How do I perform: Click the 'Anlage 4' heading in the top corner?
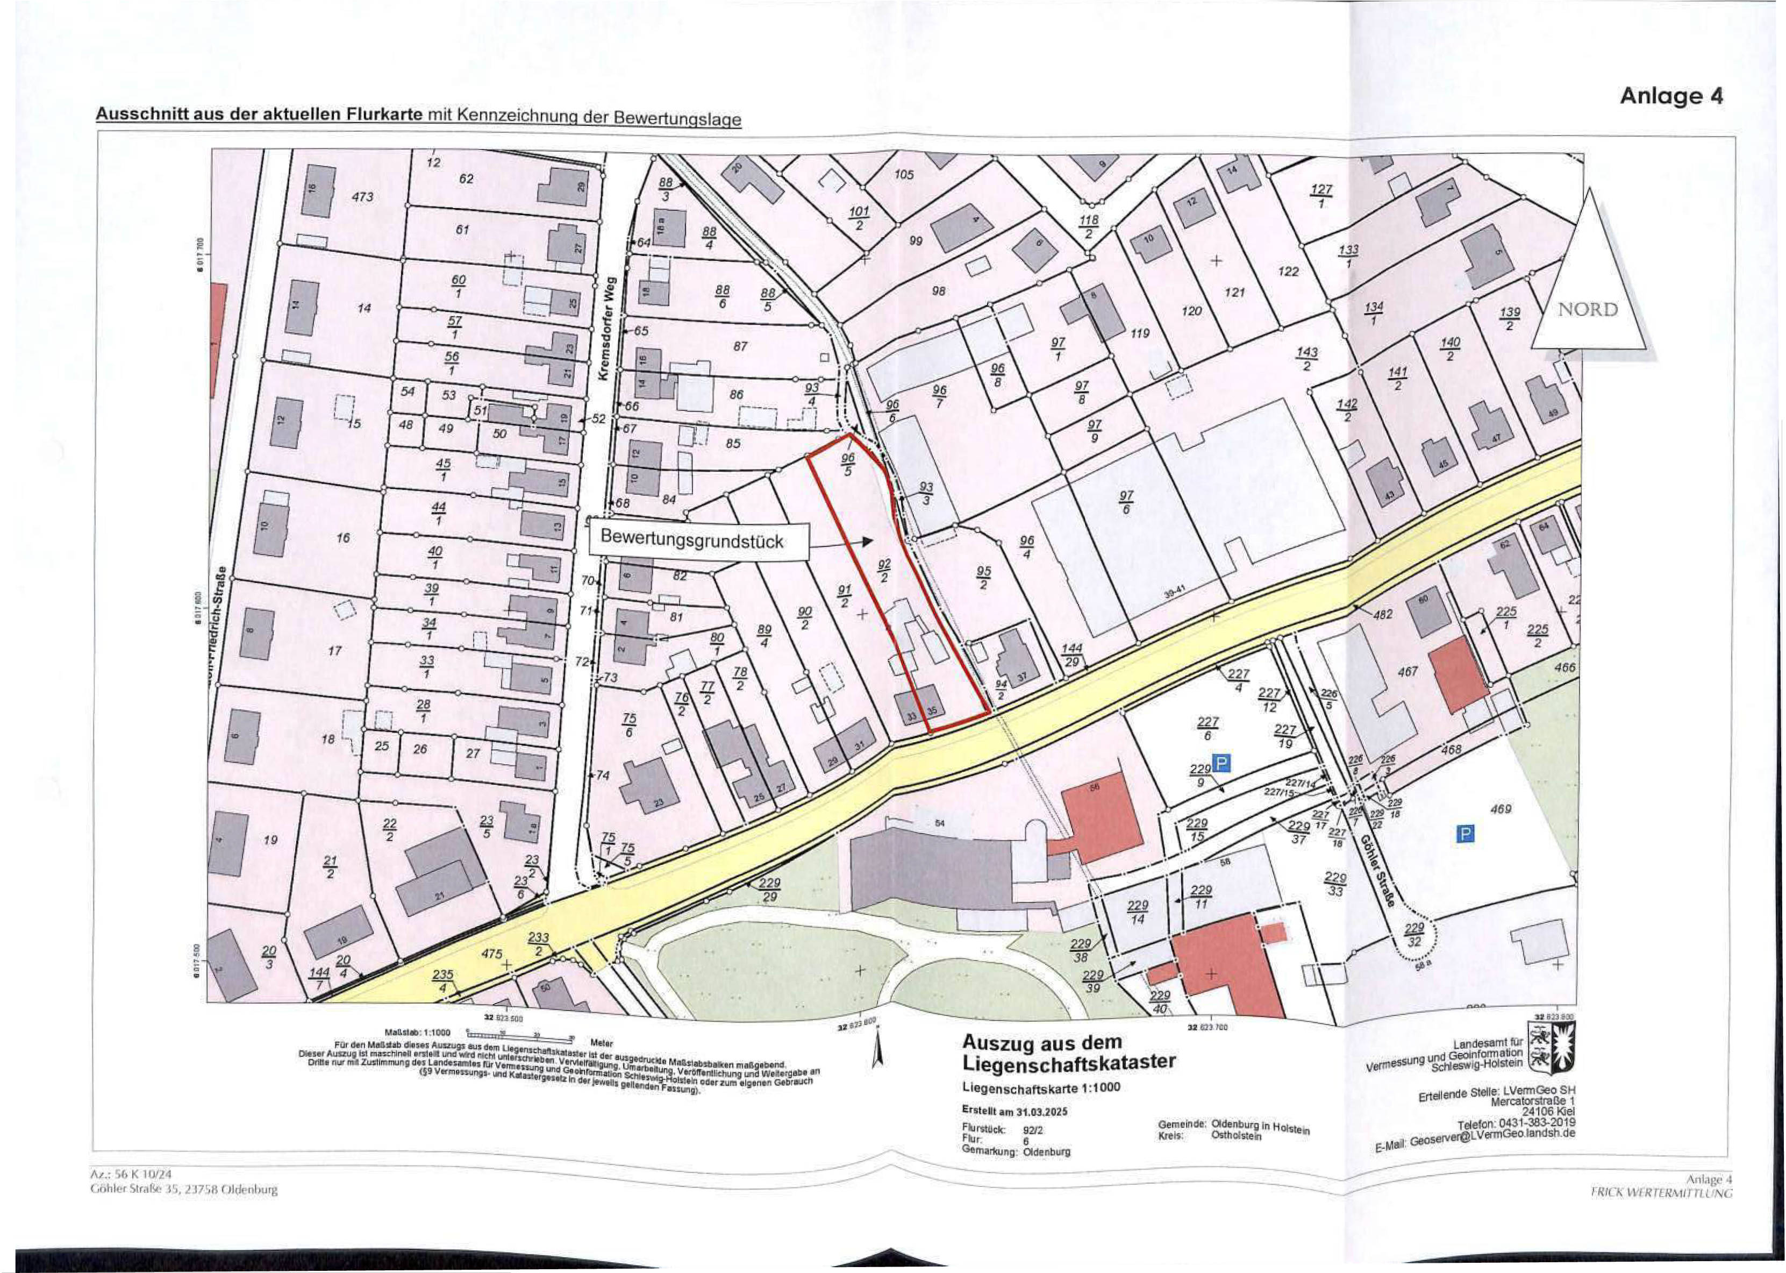tap(1671, 96)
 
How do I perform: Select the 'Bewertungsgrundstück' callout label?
tap(692, 538)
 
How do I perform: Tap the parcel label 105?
tap(904, 174)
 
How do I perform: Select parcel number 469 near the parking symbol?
tap(1500, 808)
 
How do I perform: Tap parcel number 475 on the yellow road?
tap(491, 954)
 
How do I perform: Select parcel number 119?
tap(1139, 333)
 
